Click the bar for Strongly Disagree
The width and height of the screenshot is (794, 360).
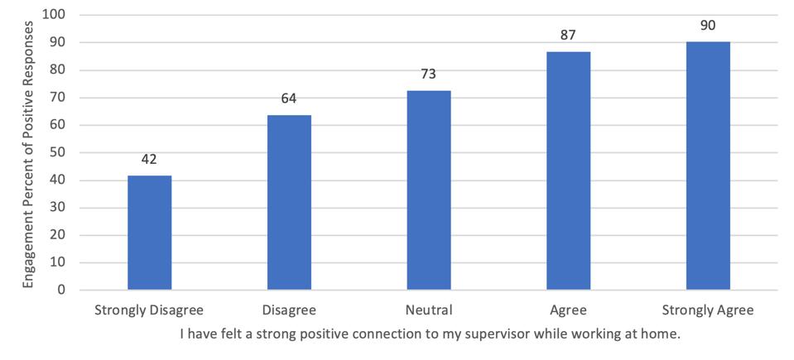[x=150, y=233]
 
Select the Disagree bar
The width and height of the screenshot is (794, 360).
[x=289, y=203]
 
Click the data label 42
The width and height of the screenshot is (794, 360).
[x=150, y=159]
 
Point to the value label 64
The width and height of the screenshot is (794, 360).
[x=289, y=98]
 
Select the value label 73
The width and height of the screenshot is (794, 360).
[x=429, y=74]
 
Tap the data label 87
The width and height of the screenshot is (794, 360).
[x=568, y=36]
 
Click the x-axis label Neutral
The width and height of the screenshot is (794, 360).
[x=429, y=311]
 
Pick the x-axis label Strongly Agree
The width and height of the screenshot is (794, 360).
[x=708, y=311]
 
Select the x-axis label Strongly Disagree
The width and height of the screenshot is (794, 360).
[x=150, y=311]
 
